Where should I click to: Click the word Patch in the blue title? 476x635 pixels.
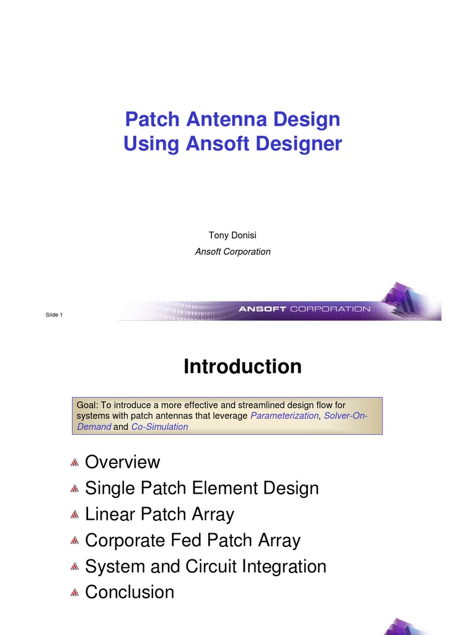pos(149,118)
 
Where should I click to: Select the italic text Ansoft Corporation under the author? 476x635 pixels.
pos(232,252)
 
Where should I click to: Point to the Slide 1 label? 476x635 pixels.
pos(54,315)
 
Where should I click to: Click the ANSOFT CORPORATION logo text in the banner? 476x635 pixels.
pos(304,308)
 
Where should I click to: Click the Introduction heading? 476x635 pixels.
pos(242,366)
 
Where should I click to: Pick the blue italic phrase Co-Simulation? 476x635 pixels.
pos(159,427)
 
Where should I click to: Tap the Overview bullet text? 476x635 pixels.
pos(122,462)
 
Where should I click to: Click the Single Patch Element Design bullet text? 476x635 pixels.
pos(201,488)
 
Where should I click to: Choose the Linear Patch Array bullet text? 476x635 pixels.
pos(159,514)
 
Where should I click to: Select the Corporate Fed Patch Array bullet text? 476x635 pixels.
pos(192,540)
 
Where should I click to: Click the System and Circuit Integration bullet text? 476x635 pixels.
pos(205,566)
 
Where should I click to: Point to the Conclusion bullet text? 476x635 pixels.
pos(129,592)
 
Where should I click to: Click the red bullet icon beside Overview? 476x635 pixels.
pos(74,463)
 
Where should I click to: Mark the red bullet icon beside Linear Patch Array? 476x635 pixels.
pos(74,515)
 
